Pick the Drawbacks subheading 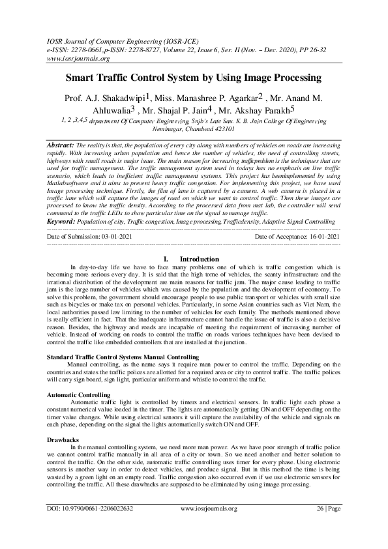pos(63,439)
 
